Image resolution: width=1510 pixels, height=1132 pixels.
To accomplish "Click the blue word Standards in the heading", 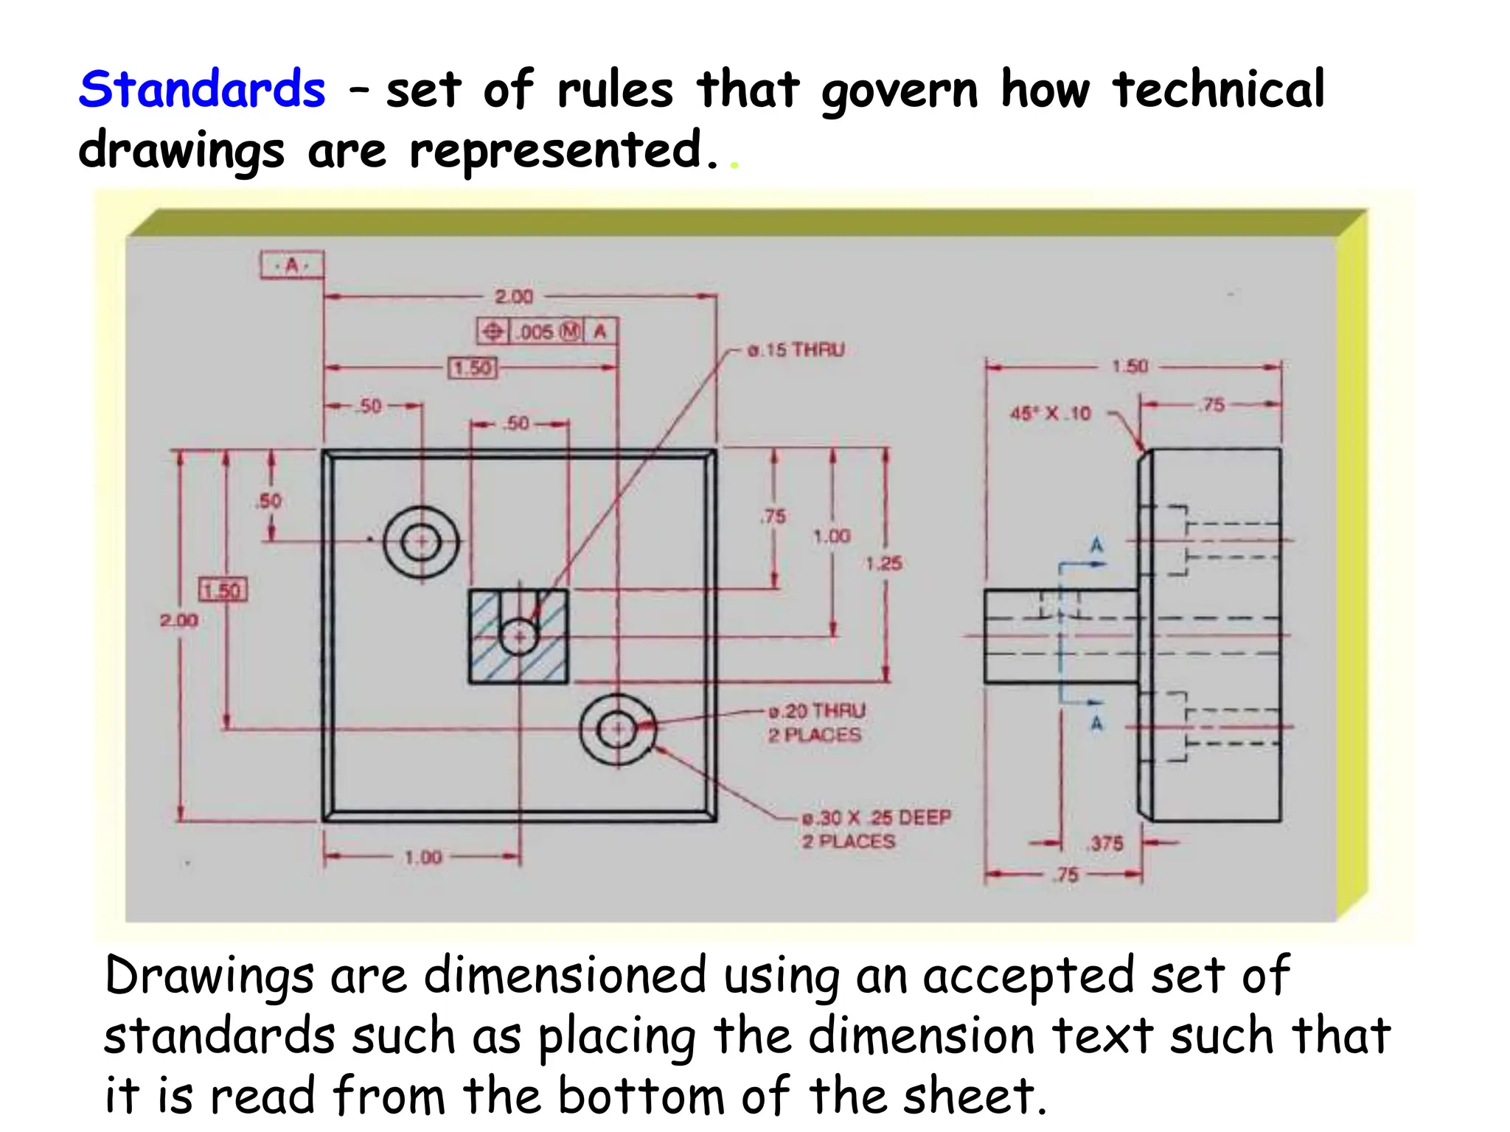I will [x=202, y=90].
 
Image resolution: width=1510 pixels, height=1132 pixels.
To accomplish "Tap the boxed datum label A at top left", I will [x=292, y=265].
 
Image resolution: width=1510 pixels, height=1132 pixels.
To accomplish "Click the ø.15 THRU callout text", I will [x=796, y=350].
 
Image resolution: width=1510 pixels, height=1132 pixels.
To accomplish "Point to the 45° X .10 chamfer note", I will [x=1050, y=413].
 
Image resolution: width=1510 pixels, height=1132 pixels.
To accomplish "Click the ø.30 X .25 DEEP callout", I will [x=877, y=818].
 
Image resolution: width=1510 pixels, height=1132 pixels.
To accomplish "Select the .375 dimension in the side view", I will [x=1106, y=843].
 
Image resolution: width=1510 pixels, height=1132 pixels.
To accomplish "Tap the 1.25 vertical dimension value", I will [x=883, y=564].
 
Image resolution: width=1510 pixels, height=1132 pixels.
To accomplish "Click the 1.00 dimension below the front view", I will [x=423, y=857].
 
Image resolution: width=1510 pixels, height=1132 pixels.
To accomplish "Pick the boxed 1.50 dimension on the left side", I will [x=223, y=590].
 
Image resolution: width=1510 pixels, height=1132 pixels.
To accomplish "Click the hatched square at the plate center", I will [x=518, y=637].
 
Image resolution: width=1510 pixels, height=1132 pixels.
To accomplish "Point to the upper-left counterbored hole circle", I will [x=422, y=542].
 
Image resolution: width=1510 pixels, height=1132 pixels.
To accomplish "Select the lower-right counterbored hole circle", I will [x=617, y=730].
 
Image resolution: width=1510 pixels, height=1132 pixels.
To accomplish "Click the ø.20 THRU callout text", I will [x=816, y=711].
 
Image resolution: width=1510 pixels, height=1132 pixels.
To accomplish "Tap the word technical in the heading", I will [x=1219, y=90].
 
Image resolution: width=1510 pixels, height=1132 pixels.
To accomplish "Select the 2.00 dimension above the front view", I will [x=514, y=296].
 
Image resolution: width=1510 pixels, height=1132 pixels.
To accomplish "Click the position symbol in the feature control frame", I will [x=493, y=332].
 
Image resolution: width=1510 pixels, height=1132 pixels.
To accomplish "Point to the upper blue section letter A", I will [x=1096, y=545].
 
